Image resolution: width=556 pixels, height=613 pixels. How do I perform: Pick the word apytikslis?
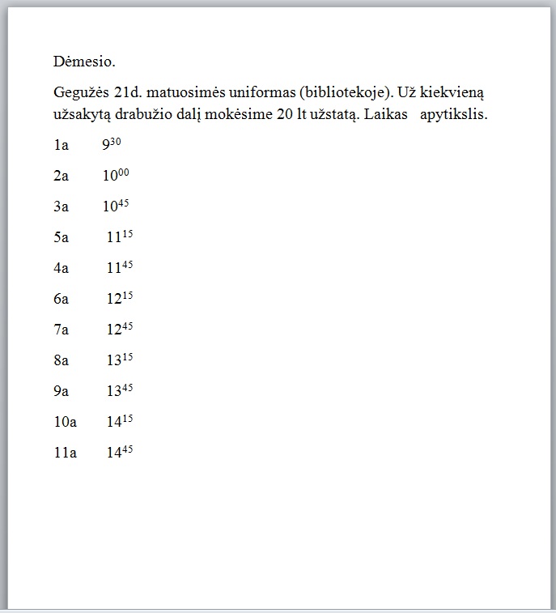click(x=453, y=114)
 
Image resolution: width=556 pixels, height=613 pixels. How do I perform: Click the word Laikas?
click(x=385, y=114)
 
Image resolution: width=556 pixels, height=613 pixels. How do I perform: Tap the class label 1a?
click(x=61, y=146)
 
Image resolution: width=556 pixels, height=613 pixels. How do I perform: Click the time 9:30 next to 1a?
click(x=111, y=145)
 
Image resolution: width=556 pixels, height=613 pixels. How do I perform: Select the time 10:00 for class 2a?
click(x=115, y=176)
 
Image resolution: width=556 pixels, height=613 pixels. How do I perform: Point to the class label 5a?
click(x=61, y=237)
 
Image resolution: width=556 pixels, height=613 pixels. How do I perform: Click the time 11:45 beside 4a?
click(x=119, y=267)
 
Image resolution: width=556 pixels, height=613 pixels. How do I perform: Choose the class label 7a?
click(x=61, y=330)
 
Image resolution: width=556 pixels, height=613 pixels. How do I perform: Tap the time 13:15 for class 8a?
click(x=119, y=360)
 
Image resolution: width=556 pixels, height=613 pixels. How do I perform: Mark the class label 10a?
click(x=65, y=422)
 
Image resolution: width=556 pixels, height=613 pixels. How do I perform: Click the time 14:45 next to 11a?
click(x=119, y=452)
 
